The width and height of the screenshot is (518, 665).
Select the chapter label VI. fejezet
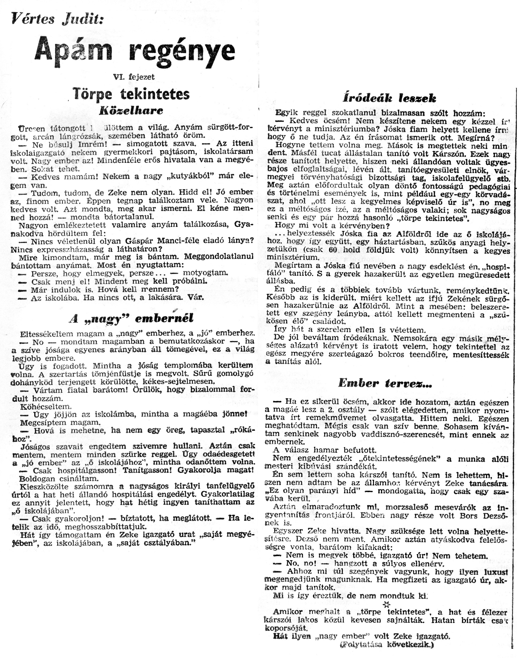(134, 77)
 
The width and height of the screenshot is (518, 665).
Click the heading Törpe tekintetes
(131, 94)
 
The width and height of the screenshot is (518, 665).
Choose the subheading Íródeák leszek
(390, 98)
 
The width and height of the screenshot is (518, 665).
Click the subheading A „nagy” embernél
(131, 319)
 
